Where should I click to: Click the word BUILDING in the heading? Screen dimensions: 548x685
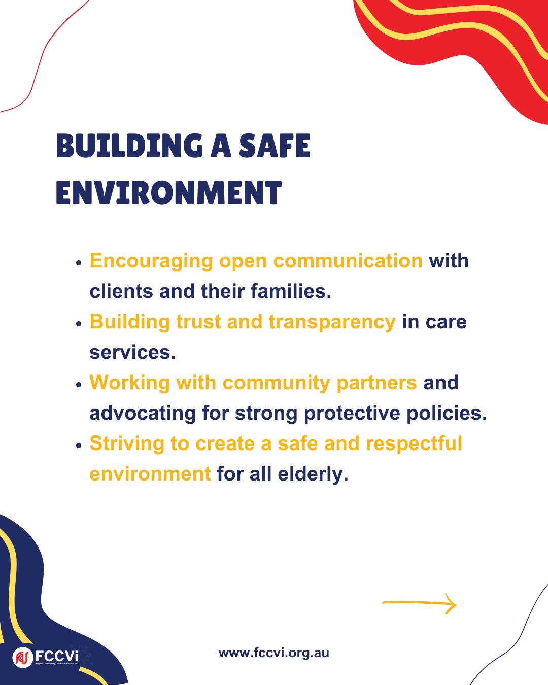[x=129, y=146]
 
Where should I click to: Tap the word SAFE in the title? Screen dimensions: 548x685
[x=275, y=146]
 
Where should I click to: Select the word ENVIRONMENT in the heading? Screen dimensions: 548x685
[x=169, y=192]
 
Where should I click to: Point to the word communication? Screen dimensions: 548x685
[x=348, y=261]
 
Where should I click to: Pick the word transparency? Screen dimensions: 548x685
[x=332, y=322]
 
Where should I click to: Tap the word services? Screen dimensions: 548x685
[x=132, y=353]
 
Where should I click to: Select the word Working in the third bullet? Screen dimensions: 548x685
[x=129, y=383]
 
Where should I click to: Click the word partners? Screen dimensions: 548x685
[x=376, y=383]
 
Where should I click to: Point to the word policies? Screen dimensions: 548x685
[x=447, y=413]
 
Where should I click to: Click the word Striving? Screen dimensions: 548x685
[x=127, y=444]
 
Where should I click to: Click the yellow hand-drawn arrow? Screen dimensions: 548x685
[x=419, y=603]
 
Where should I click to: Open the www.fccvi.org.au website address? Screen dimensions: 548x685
[x=274, y=653]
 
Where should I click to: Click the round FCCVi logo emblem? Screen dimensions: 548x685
[x=23, y=657]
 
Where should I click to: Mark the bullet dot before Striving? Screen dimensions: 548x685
[x=79, y=446]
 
